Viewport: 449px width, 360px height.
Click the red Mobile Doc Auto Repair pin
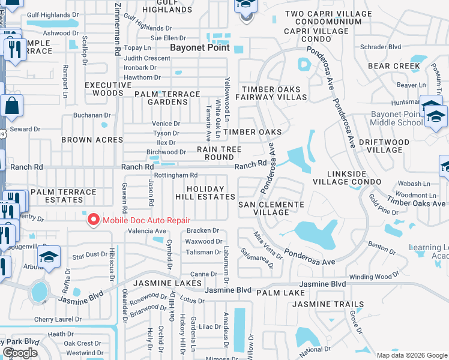(93, 220)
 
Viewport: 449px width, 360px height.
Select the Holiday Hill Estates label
(205, 193)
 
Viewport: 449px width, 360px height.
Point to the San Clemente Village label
(271, 208)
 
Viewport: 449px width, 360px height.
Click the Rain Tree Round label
(219, 153)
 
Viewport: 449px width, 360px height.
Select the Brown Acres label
(92, 140)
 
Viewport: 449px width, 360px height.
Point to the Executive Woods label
(108, 89)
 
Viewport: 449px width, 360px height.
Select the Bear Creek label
(394, 66)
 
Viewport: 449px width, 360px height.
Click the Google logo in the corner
(20, 353)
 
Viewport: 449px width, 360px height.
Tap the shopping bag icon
(11, 107)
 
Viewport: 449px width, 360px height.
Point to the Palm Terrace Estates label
(64, 196)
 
